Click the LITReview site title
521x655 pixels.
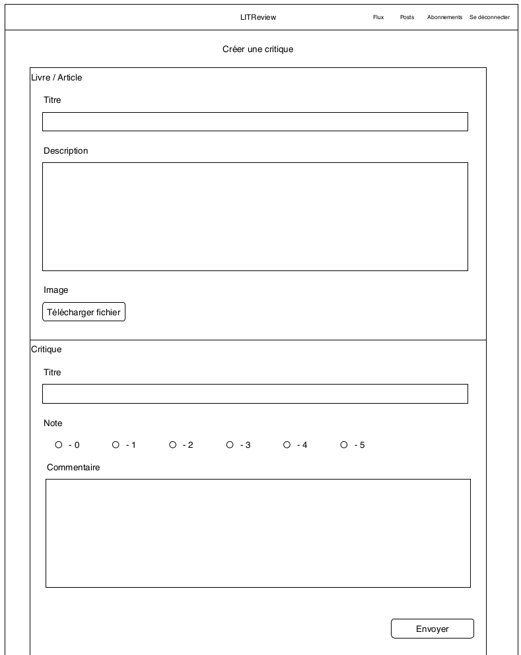[258, 17]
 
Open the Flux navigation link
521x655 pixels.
[378, 17]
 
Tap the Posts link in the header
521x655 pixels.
[407, 17]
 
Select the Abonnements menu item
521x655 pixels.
[444, 17]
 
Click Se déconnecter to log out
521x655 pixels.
[489, 17]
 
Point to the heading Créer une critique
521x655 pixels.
[258, 49]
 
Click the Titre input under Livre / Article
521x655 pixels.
[255, 121]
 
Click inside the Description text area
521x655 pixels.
[255, 216]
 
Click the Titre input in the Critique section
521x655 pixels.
[255, 394]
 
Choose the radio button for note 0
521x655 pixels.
[59, 445]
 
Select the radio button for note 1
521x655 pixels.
[116, 445]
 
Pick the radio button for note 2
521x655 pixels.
[173, 445]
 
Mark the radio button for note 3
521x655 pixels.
[230, 445]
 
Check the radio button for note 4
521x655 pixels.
[287, 445]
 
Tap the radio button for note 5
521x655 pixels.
[344, 445]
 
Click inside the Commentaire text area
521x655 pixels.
[258, 533]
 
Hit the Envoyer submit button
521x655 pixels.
[432, 629]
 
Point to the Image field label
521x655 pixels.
[56, 290]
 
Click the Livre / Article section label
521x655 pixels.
[57, 78]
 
